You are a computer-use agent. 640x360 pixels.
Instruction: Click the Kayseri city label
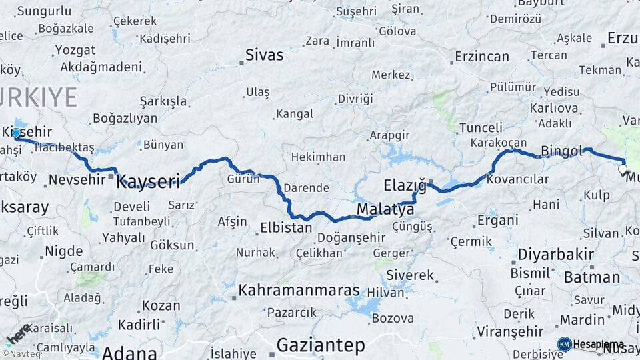(x=149, y=180)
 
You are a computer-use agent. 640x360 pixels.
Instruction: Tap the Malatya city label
(x=385, y=210)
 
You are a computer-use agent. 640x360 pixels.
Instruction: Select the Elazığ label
(x=405, y=184)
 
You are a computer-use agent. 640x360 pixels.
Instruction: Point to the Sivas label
(x=264, y=55)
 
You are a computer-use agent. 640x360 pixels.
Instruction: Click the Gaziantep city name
(x=321, y=345)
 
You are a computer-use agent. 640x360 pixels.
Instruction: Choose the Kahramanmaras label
(x=299, y=291)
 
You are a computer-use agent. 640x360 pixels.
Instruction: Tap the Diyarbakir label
(x=552, y=255)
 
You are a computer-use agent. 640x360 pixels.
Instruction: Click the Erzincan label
(x=482, y=57)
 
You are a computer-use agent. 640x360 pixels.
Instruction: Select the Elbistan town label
(x=286, y=227)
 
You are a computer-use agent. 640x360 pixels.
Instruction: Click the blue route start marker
(x=16, y=133)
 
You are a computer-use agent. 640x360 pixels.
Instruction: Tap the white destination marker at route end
(x=623, y=169)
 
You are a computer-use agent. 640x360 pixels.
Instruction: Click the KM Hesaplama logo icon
(x=565, y=344)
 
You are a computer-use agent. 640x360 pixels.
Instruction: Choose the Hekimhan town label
(x=318, y=157)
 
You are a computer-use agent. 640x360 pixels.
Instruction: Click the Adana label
(x=129, y=352)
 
